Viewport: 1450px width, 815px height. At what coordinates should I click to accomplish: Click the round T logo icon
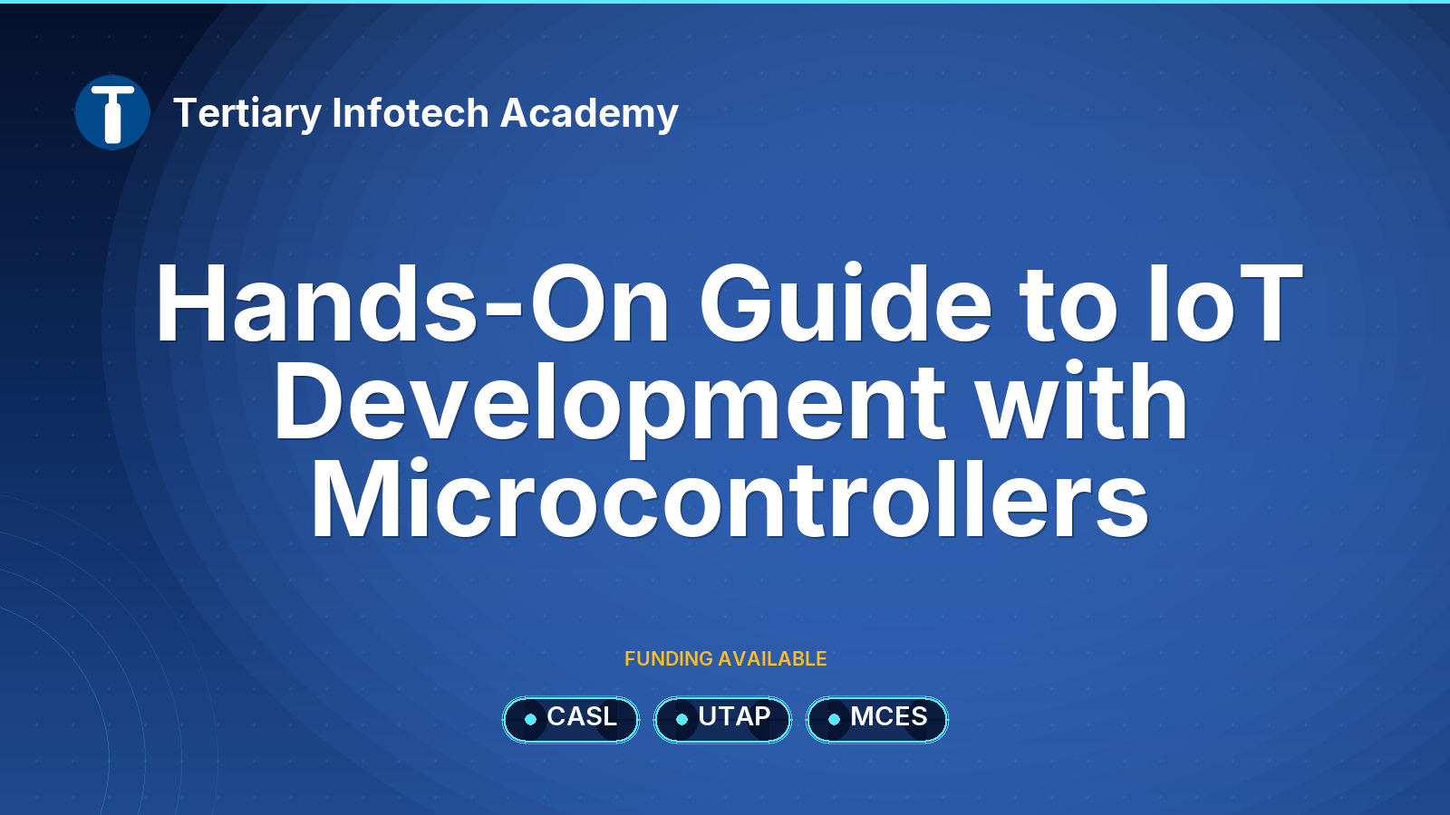coord(112,112)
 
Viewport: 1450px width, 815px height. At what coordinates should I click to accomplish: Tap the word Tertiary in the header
coord(247,114)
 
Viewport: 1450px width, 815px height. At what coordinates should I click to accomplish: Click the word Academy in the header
coord(589,114)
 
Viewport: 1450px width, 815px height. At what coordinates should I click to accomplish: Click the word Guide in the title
coord(846,302)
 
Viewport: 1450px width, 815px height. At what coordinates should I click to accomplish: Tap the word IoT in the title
coord(1224,302)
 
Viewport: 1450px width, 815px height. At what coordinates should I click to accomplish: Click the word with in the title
coord(1081,401)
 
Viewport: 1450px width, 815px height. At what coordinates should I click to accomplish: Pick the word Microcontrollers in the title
coord(730,498)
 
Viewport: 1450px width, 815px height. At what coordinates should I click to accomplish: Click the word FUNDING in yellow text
coord(669,658)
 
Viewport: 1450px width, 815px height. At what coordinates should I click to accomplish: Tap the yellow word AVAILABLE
coord(772,658)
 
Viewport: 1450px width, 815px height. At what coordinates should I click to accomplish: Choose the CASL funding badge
coord(570,719)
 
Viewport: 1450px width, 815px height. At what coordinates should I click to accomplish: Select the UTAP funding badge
coord(722,719)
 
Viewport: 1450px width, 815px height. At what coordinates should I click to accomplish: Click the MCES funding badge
coord(877,719)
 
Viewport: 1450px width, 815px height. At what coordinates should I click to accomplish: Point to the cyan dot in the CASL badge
coord(531,719)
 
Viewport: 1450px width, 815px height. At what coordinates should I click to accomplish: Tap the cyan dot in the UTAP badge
coord(681,719)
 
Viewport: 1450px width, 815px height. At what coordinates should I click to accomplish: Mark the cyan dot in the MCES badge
coord(835,719)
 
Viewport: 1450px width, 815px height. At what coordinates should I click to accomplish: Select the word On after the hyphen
coord(600,302)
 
